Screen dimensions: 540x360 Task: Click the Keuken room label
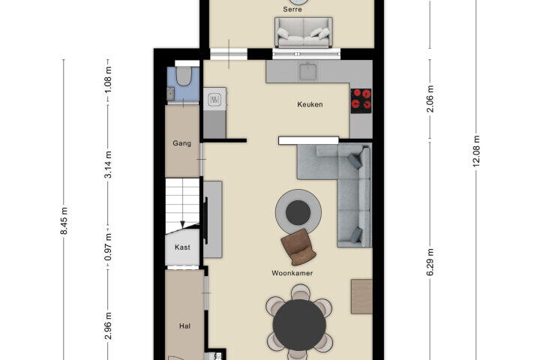tap(310, 104)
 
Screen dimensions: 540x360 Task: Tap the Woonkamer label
tap(292, 273)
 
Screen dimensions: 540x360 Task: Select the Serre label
tap(292, 9)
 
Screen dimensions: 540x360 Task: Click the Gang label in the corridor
tap(181, 143)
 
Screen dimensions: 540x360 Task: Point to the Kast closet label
tap(182, 247)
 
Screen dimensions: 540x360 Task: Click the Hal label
tap(184, 326)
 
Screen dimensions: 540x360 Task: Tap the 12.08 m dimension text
tap(476, 151)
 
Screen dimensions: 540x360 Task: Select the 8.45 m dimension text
tap(64, 220)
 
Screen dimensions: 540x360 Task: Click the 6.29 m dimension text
tap(430, 262)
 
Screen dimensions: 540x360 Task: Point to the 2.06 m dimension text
tap(430, 99)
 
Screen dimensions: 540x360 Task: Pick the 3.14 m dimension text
tap(108, 164)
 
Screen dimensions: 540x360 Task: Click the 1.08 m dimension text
tap(108, 79)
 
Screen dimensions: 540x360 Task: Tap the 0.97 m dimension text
tap(108, 247)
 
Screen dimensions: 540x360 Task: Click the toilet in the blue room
tap(184, 76)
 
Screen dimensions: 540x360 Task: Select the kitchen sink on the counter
tap(308, 71)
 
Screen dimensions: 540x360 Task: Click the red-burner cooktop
tap(361, 100)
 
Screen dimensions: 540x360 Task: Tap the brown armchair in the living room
tap(298, 247)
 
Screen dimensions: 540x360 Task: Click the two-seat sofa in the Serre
tap(304, 32)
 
